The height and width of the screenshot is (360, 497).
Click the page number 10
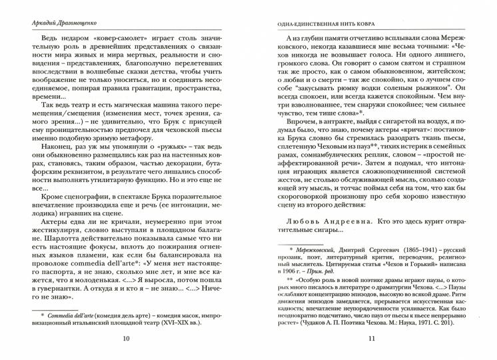pos(127,339)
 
